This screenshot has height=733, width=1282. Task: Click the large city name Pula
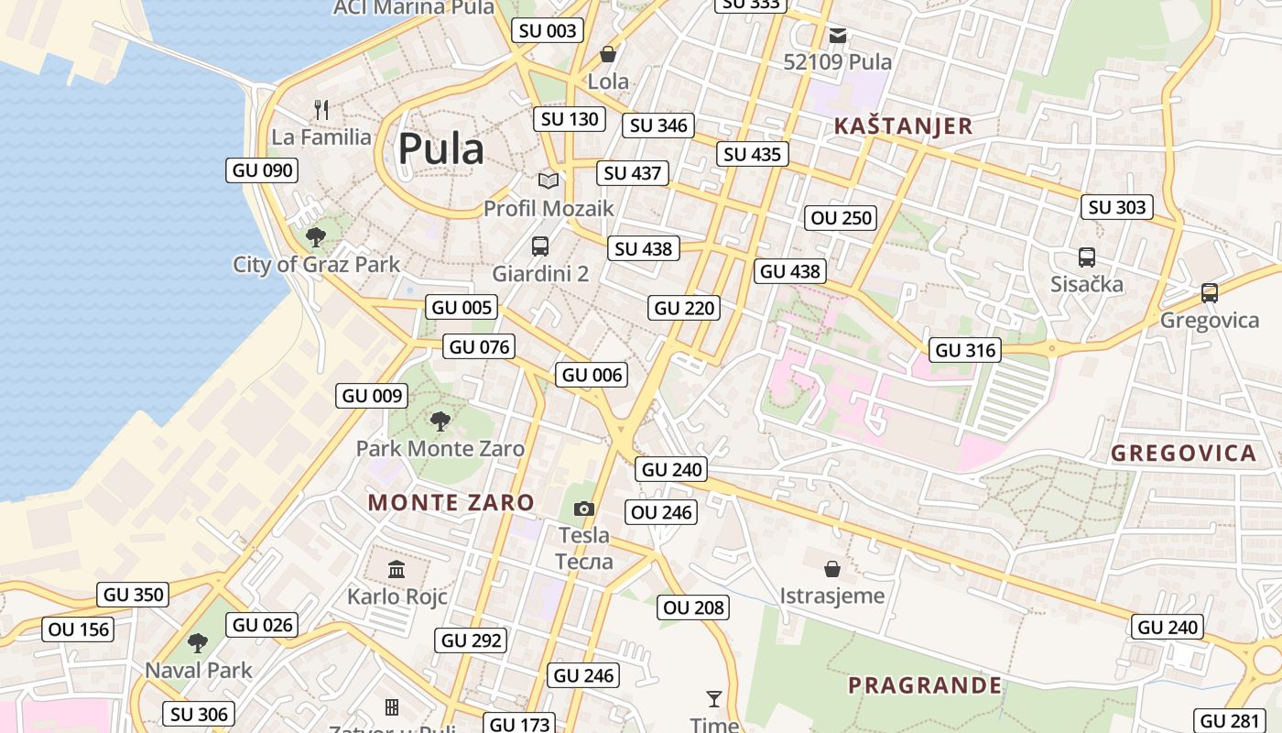point(440,148)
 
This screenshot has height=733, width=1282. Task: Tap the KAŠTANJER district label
point(903,126)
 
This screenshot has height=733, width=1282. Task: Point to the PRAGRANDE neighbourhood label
point(925,685)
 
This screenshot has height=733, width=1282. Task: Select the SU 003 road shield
point(548,30)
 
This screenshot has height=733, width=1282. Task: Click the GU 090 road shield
point(262,170)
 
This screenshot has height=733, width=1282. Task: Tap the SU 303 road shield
point(1117,207)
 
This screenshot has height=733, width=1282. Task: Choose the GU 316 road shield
point(965,350)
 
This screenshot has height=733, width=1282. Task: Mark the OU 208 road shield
point(693,607)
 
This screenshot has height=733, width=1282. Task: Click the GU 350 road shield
point(134,595)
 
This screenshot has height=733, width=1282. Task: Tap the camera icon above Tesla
point(583,509)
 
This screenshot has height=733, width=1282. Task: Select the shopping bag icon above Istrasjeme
point(831,569)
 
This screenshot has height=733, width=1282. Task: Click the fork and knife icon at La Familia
point(320,110)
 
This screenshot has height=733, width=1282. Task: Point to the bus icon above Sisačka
point(1087,257)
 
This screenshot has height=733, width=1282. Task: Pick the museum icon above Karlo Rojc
point(397,569)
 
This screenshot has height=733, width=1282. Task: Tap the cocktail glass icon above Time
point(714,698)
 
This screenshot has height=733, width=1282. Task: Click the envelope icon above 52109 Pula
point(838,36)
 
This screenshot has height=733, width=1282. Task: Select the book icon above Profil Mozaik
point(548,181)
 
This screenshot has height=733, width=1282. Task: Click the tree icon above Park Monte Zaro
point(440,421)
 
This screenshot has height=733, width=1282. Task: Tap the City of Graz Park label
point(316,265)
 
